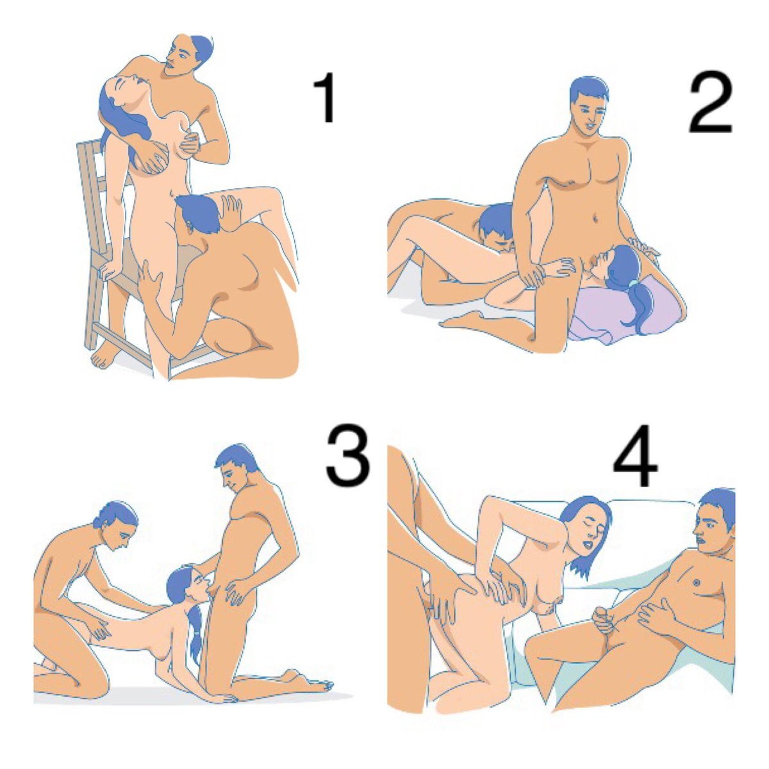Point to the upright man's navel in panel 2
[595, 219]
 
